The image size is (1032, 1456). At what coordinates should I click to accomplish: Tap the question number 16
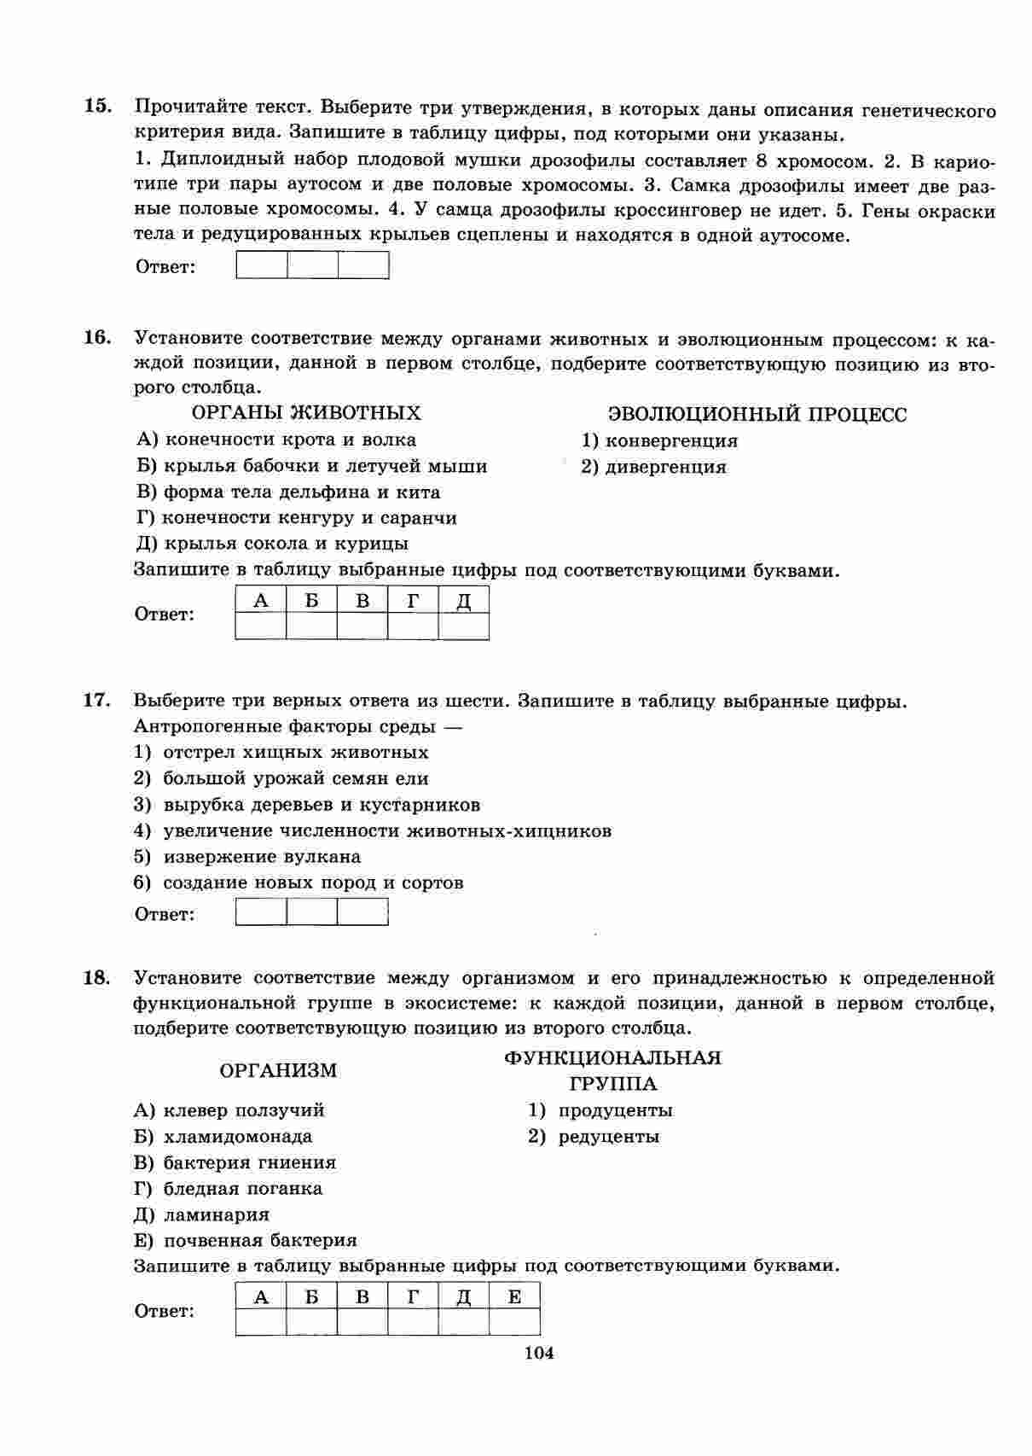(97, 337)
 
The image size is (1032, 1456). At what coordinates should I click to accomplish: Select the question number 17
(97, 700)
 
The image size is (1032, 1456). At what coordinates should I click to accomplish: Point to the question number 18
(97, 977)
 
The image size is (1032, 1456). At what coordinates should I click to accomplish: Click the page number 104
(539, 1353)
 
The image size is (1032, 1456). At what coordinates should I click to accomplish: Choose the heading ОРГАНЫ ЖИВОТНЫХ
(306, 413)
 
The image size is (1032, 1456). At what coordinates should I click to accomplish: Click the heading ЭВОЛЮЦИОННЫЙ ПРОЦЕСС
(757, 415)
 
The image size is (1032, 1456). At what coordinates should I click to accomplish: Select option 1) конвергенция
(659, 441)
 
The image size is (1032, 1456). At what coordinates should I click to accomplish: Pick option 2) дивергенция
(654, 467)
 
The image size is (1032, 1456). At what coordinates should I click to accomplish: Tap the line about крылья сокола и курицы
(272, 544)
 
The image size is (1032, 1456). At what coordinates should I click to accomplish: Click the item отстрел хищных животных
(281, 753)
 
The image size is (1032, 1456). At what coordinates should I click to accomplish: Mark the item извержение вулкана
(247, 857)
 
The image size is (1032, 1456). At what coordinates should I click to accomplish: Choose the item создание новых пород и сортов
(299, 883)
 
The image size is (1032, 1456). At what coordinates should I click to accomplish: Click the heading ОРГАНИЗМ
(278, 1070)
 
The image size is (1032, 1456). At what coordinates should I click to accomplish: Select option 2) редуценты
(594, 1137)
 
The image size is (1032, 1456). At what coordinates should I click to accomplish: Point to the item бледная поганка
(229, 1189)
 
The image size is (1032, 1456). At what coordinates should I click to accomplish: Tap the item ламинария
(202, 1214)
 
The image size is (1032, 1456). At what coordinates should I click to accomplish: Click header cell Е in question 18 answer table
(514, 1297)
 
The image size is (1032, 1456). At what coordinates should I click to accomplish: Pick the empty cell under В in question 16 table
(362, 626)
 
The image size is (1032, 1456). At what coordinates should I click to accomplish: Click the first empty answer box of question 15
(261, 266)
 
